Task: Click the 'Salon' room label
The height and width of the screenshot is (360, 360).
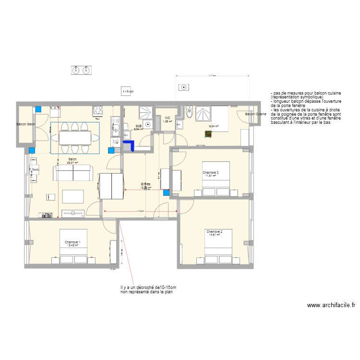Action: [72, 159]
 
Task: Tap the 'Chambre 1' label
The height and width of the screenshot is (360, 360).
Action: [72, 242]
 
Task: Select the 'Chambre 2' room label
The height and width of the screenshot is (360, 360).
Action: [214, 231]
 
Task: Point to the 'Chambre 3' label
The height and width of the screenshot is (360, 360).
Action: [210, 172]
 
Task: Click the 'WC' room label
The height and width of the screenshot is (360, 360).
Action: [167, 118]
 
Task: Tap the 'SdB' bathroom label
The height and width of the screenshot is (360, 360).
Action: [138, 126]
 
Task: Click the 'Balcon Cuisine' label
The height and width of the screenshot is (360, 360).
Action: [255, 114]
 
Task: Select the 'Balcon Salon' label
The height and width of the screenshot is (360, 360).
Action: [26, 124]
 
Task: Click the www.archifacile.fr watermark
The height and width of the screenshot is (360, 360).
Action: [331, 305]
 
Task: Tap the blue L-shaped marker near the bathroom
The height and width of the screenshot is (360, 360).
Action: [128, 145]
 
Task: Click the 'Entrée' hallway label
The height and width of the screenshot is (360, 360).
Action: [145, 184]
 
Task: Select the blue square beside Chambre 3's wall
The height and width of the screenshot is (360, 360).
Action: [166, 193]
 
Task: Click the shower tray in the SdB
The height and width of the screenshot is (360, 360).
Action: [144, 113]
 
